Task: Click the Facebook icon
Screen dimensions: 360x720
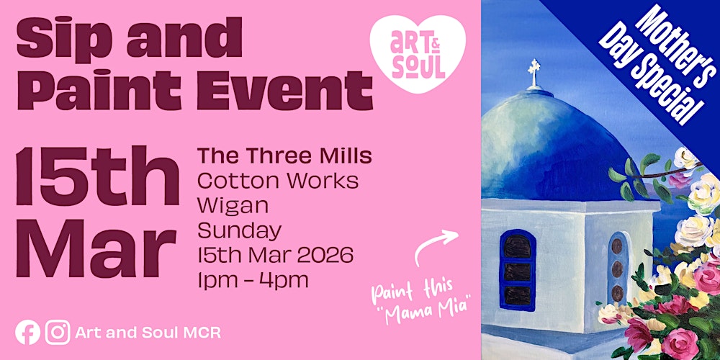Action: pyautogui.click(x=28, y=332)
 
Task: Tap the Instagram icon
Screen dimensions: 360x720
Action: pyautogui.click(x=58, y=332)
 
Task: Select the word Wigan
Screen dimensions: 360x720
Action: pyautogui.click(x=233, y=205)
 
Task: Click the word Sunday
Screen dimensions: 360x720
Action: pyautogui.click(x=240, y=230)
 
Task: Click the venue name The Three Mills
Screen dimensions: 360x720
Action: pyautogui.click(x=284, y=155)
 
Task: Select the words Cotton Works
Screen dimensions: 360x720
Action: pyautogui.click(x=277, y=180)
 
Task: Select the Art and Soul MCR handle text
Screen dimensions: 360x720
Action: pyautogui.click(x=149, y=333)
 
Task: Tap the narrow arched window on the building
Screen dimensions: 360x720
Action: pyautogui.click(x=617, y=268)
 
